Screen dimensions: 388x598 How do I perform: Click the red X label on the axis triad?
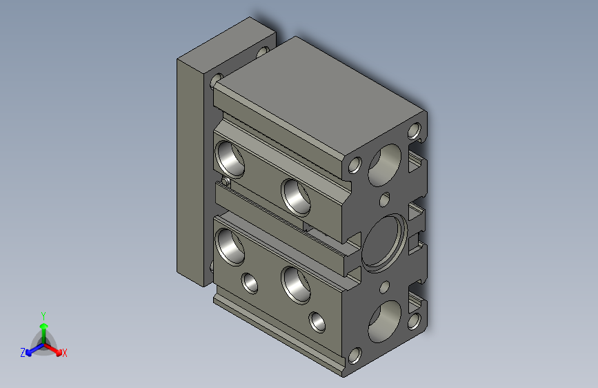click(x=64, y=353)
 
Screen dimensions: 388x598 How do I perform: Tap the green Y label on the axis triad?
click(x=43, y=314)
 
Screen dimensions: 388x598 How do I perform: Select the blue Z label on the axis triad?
click(x=23, y=353)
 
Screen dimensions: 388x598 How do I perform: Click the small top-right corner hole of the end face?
click(x=415, y=130)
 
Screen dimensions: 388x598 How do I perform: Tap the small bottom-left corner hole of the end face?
click(x=355, y=356)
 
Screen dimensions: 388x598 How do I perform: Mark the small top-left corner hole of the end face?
click(x=355, y=165)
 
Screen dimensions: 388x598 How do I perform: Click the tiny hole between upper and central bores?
click(x=385, y=201)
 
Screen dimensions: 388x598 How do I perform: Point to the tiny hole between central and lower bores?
click(x=385, y=285)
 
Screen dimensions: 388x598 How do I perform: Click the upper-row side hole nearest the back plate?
click(x=230, y=158)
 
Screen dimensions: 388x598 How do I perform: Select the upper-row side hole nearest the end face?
click(x=297, y=195)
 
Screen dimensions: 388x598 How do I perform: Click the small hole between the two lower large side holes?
click(x=248, y=282)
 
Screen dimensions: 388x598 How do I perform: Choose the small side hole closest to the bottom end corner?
click(x=317, y=322)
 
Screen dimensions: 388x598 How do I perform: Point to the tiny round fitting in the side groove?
click(x=226, y=182)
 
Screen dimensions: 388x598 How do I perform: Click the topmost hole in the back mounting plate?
click(x=263, y=51)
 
